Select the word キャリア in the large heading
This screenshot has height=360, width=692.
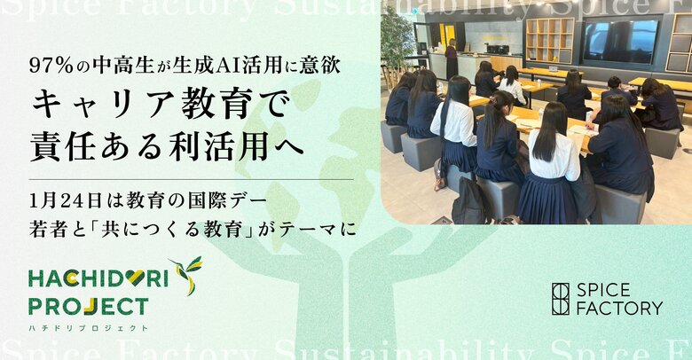(97, 107)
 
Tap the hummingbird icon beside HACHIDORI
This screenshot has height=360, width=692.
(186, 275)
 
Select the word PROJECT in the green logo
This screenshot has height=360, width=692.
(88, 307)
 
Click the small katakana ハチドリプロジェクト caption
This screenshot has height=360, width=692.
(88, 328)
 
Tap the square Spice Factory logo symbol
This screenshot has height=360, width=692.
(560, 299)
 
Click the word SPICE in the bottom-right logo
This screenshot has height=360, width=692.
(602, 290)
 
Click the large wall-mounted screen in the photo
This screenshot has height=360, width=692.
(621, 41)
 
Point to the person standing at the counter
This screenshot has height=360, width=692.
(452, 59)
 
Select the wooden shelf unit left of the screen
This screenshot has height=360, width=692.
(549, 40)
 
